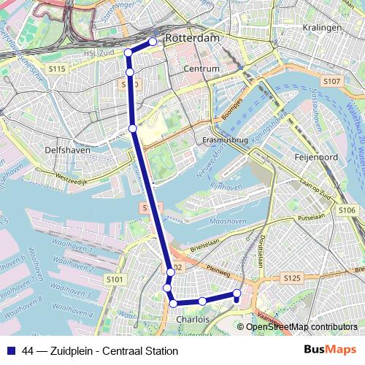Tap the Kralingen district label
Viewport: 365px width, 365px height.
click(x=325, y=27)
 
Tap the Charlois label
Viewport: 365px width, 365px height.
click(x=193, y=319)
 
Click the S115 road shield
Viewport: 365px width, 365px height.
click(x=58, y=69)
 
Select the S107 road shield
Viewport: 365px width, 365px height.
click(x=331, y=81)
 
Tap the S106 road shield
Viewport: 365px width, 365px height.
click(x=347, y=210)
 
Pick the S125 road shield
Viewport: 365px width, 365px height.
click(x=292, y=278)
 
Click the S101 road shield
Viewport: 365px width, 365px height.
click(x=114, y=279)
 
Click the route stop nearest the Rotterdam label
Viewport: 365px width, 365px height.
click(x=153, y=42)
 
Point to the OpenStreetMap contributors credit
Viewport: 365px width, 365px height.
click(x=301, y=327)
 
